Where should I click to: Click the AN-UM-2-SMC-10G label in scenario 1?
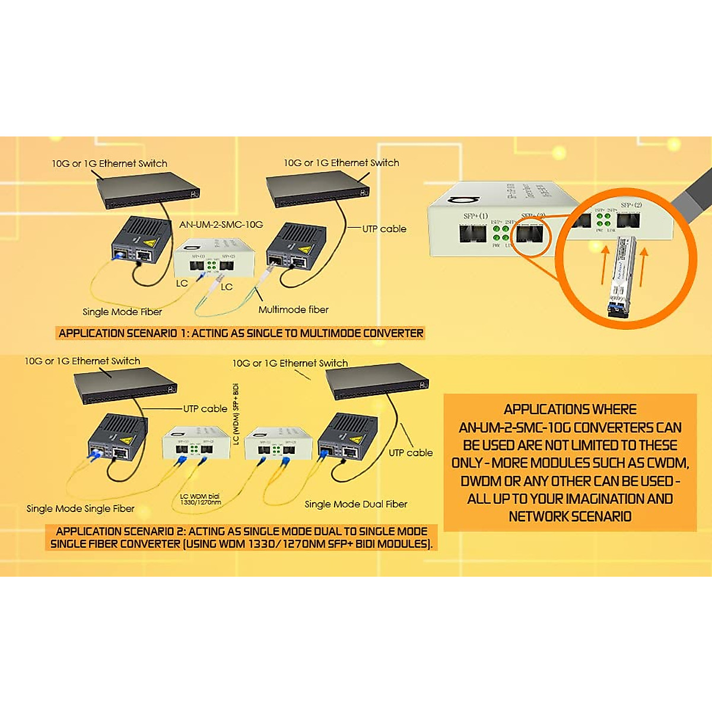pos(221,225)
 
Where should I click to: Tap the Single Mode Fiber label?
pos(122,312)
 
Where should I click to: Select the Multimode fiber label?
pos(293,310)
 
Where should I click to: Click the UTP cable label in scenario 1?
pos(384,229)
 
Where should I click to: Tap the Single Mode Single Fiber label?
pos(81,508)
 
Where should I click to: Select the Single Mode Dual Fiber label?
pos(356,504)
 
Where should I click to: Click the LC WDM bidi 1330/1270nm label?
pos(201,499)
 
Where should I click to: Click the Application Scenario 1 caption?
pos(241,333)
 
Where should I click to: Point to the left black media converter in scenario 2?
pos(117,442)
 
